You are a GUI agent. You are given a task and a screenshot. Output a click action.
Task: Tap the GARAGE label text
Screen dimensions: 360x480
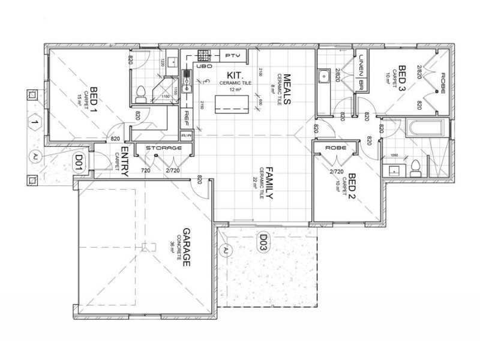(x=186, y=247)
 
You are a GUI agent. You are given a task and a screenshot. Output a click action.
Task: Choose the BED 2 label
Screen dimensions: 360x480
(x=353, y=189)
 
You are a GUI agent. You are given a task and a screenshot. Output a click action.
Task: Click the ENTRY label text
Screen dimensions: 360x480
(x=125, y=161)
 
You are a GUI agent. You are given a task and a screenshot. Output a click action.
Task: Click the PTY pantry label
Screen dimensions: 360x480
(x=232, y=55)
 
